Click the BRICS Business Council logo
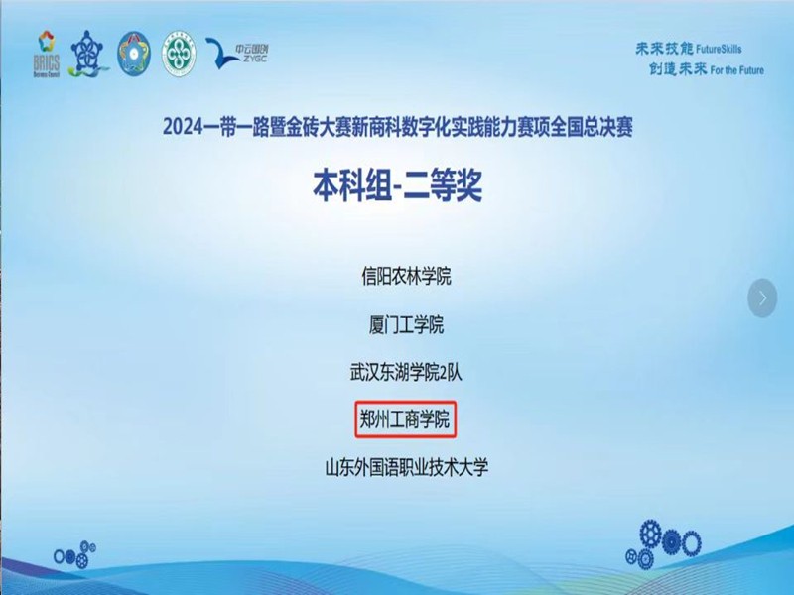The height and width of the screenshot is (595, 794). (x=47, y=55)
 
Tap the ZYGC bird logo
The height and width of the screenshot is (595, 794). (x=237, y=53)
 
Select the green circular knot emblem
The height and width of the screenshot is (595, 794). (x=179, y=54)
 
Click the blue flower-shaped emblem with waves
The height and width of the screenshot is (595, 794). (x=88, y=54)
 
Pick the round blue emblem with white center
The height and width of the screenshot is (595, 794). (x=134, y=54)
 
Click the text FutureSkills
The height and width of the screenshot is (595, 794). (x=719, y=49)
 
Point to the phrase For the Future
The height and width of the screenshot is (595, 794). (x=737, y=69)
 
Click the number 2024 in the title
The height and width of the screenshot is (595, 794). (x=183, y=127)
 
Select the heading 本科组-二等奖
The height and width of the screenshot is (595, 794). (x=397, y=186)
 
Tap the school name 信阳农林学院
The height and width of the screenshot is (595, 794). (x=406, y=277)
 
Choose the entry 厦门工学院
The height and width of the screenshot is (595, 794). (x=406, y=324)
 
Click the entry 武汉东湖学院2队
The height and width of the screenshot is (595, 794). (x=406, y=373)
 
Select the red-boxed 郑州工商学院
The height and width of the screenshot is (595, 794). (x=405, y=419)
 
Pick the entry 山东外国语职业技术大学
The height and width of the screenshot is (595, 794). (x=407, y=467)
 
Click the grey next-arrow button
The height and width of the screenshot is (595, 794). (x=762, y=298)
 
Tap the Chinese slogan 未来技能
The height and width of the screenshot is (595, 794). (x=664, y=49)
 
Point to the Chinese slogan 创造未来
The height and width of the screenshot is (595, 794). (x=678, y=69)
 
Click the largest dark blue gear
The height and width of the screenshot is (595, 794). (x=651, y=534)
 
